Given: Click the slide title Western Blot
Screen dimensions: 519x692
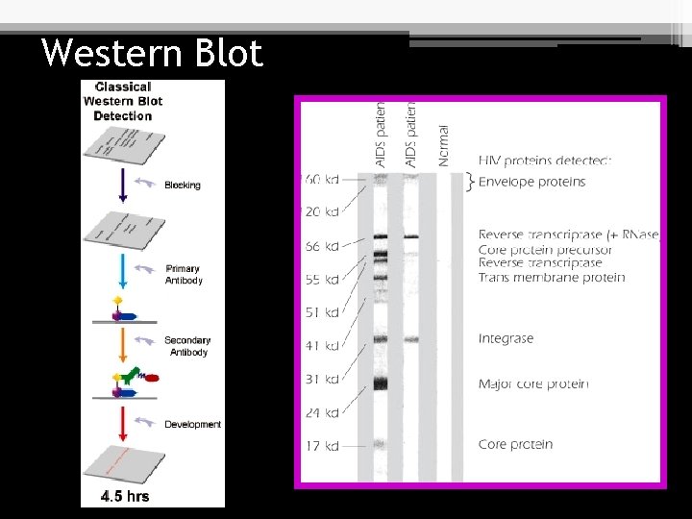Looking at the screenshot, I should click(152, 53).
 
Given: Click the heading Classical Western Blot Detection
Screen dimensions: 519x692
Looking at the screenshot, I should click(123, 101).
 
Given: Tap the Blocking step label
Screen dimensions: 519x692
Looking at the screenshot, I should click(183, 185).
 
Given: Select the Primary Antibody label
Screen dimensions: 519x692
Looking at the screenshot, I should click(183, 275).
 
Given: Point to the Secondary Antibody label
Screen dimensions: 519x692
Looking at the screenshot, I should click(187, 346).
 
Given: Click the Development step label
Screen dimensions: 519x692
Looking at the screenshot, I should click(192, 424).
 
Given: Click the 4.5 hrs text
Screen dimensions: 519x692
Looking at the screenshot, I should click(125, 496).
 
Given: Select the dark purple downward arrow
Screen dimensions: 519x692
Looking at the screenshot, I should click(123, 182).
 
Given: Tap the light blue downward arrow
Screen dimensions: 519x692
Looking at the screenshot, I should click(123, 273).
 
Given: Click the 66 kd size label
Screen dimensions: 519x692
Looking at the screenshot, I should click(322, 247).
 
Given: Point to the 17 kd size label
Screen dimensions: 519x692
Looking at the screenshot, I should click(322, 446).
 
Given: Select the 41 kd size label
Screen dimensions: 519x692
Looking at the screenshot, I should click(322, 346).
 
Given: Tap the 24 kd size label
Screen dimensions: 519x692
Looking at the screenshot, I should click(322, 413).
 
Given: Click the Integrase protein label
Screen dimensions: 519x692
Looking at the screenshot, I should click(506, 338).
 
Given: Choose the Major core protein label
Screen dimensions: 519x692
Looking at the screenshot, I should click(533, 384).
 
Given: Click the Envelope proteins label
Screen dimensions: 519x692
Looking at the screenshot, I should click(531, 182).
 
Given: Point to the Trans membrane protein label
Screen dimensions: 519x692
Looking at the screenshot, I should click(552, 278).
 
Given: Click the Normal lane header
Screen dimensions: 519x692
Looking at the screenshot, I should click(443, 145).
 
